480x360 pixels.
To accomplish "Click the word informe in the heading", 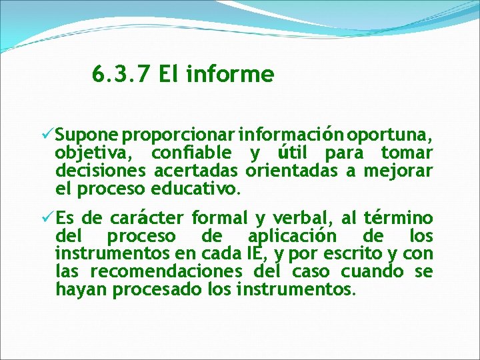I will pos(230,75).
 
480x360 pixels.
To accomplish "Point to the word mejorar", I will pos(398,172).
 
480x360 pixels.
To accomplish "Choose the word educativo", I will pos(195,189).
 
